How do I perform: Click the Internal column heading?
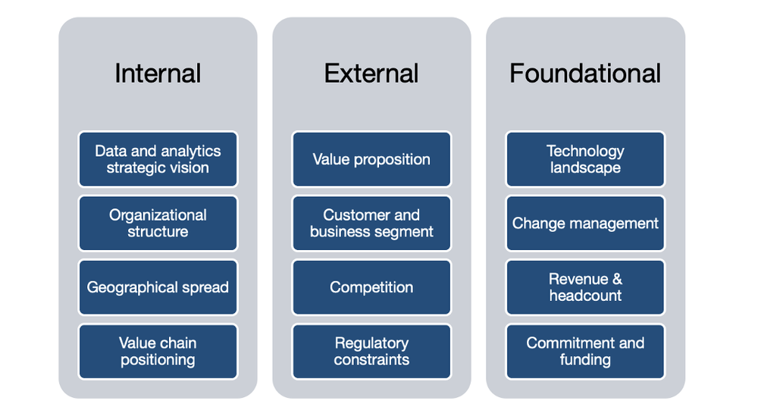(x=158, y=74)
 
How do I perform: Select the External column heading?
(x=371, y=74)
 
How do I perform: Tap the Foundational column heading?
(x=585, y=74)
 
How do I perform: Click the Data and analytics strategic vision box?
(x=158, y=159)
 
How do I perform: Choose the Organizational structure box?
(x=158, y=224)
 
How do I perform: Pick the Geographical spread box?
(x=158, y=287)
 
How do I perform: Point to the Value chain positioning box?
(x=158, y=352)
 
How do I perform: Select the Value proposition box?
(x=371, y=159)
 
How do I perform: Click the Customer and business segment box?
(x=371, y=224)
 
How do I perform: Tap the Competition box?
(x=371, y=287)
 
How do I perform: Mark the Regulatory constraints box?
(x=371, y=352)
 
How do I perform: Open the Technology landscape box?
(x=585, y=159)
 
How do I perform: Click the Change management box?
(x=585, y=224)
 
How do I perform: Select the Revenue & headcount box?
(x=585, y=287)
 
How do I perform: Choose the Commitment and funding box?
(x=585, y=352)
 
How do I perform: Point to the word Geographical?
(x=133, y=288)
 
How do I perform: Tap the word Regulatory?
(x=371, y=343)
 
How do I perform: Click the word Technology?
(x=585, y=151)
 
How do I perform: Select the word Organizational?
(x=158, y=215)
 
